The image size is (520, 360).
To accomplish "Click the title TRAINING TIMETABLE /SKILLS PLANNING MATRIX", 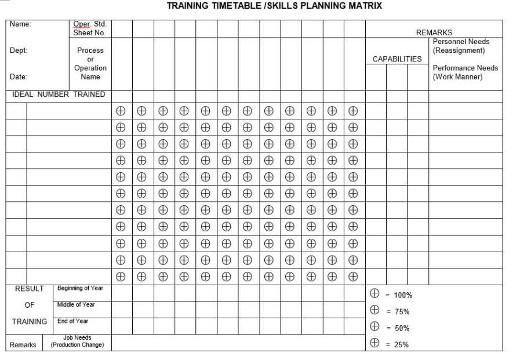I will [274, 7].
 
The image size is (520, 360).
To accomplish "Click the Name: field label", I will [20, 25].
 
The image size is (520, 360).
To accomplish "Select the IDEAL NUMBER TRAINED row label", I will [59, 94].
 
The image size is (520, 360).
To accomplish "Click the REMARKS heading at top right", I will [434, 33].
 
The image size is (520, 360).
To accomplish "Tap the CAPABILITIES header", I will [397, 59].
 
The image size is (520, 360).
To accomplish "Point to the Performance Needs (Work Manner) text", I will [465, 72].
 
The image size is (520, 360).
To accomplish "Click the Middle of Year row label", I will [76, 305].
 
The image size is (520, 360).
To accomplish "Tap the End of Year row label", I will [73, 321].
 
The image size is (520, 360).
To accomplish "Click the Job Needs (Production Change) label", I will [77, 341].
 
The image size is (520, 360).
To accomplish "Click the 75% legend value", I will [401, 311].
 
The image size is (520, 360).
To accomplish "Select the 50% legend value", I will [401, 328].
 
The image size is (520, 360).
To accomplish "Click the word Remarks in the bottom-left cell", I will [23, 345].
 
